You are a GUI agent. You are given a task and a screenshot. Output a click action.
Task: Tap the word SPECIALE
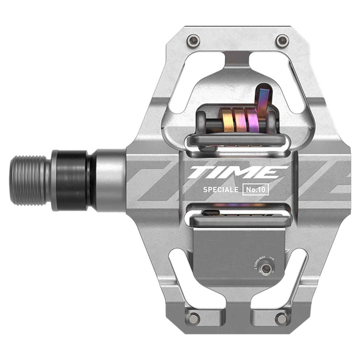213,189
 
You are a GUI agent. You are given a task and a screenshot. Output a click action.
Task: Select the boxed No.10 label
255,189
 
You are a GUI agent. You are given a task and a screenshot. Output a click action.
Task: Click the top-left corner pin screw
194,40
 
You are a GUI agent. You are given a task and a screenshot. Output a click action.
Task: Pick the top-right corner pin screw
282,40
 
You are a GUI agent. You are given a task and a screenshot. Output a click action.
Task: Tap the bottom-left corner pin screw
194,318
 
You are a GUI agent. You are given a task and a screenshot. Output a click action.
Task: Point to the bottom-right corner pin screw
282,318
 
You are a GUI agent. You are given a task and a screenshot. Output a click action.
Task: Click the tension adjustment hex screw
267,269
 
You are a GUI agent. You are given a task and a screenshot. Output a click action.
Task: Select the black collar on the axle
72,180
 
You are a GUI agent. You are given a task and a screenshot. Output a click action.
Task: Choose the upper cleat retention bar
236,139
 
